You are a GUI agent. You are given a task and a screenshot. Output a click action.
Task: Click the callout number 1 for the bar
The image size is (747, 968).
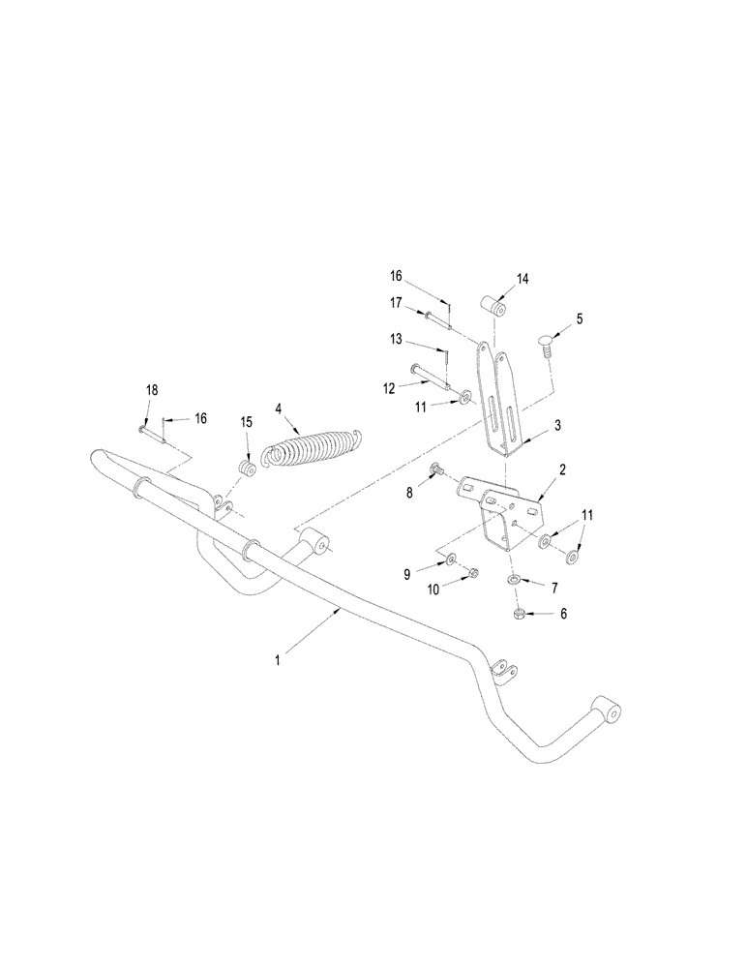pyautogui.click(x=278, y=658)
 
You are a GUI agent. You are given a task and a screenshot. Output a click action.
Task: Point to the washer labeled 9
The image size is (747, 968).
pyautogui.click(x=452, y=559)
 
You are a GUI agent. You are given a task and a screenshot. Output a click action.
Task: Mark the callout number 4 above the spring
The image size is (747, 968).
pyautogui.click(x=279, y=409)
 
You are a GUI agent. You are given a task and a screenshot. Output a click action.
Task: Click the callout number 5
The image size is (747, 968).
pyautogui.click(x=579, y=318)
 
